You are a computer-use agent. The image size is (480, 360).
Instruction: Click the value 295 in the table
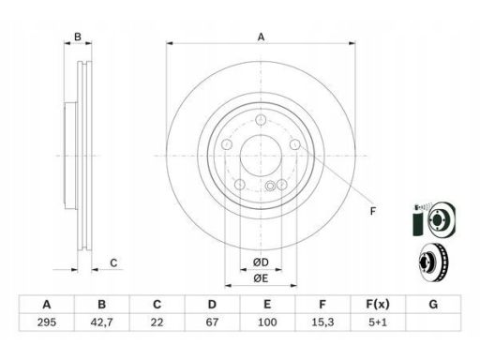[x=47, y=322]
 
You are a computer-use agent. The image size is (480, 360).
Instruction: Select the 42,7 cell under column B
[x=102, y=322]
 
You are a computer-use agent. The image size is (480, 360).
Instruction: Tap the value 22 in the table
[x=157, y=322]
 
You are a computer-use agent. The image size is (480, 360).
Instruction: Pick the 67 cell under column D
[x=212, y=322]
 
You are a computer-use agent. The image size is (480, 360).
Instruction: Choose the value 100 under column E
[x=267, y=322]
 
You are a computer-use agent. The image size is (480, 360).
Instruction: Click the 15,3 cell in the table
[x=322, y=322]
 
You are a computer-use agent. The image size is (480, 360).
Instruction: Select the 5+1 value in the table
[x=378, y=322]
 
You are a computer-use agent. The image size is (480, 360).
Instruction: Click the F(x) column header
[x=378, y=304]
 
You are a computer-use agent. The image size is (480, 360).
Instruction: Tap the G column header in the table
[x=433, y=304]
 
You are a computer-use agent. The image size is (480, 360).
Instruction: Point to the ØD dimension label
[x=261, y=262]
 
